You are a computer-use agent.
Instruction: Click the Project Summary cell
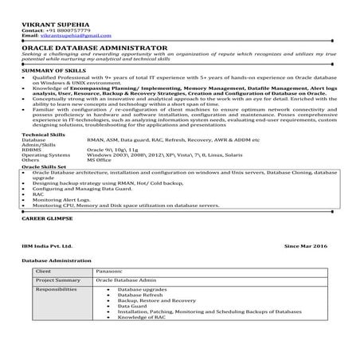(x=58, y=280)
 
